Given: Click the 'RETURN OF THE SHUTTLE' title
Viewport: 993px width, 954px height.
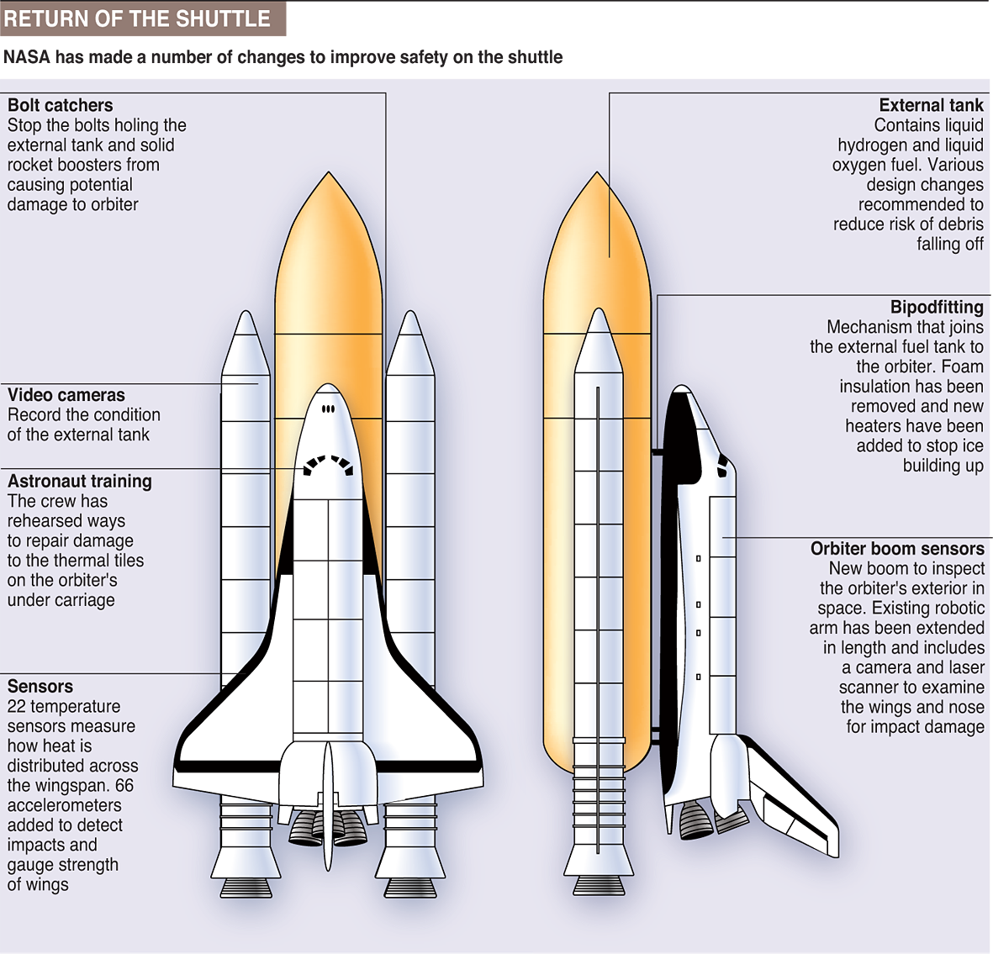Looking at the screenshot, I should (x=137, y=18).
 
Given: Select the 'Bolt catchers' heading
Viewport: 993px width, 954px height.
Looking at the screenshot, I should (x=60, y=105).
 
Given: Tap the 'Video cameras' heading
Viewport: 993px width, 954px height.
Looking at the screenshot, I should (x=66, y=395).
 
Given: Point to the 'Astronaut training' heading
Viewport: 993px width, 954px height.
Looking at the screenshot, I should (x=80, y=482).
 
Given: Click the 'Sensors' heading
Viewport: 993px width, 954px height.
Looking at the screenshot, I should (x=40, y=687).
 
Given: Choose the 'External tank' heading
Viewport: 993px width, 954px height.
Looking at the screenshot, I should (x=931, y=105).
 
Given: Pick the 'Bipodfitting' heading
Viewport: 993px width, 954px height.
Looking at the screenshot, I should (x=937, y=308).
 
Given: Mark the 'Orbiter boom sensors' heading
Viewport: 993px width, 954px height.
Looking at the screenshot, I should (x=897, y=549).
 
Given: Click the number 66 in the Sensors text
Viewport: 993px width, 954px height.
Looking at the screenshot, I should (x=124, y=786).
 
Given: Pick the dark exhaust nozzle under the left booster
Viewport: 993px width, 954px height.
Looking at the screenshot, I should (x=246, y=887).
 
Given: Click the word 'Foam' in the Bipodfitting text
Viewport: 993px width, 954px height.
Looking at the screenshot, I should (x=962, y=367).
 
